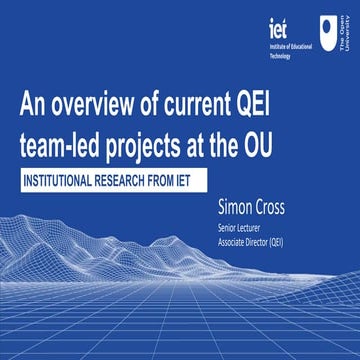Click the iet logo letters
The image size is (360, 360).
point(279,25)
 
